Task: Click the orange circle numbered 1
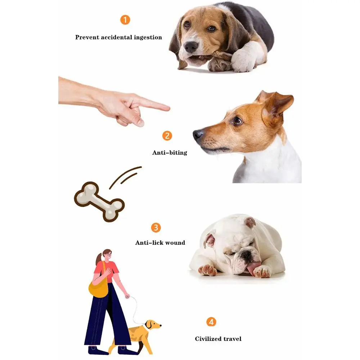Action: click(x=125, y=19)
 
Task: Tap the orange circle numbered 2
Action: click(x=167, y=136)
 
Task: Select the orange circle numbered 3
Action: click(x=156, y=228)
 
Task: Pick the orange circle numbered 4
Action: click(x=211, y=321)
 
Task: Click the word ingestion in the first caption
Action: click(x=146, y=37)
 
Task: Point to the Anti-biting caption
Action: click(x=170, y=153)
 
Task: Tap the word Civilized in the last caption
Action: click(x=208, y=339)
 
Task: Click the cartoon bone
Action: click(x=99, y=202)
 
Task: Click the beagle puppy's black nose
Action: click(x=191, y=47)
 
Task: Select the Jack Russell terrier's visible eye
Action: click(x=237, y=121)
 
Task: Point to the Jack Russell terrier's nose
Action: click(x=198, y=135)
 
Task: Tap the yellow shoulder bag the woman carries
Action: click(x=98, y=287)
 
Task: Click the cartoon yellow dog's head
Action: click(x=153, y=325)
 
